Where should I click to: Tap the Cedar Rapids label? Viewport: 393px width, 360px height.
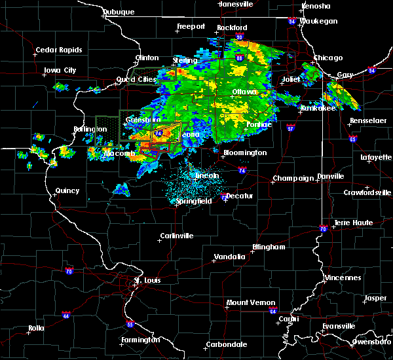59,50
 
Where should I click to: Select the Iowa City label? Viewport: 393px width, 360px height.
60,70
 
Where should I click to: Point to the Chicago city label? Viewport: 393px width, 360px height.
327,58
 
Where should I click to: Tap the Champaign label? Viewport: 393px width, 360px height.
291,178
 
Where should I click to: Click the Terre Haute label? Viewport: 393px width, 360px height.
353,223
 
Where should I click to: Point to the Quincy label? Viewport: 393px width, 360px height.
67,190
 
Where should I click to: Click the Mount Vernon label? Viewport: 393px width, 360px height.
247,302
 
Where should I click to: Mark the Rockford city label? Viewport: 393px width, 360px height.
232,27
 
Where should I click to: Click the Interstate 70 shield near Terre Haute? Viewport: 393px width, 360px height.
323,228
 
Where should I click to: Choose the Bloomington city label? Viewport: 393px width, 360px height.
245,153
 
